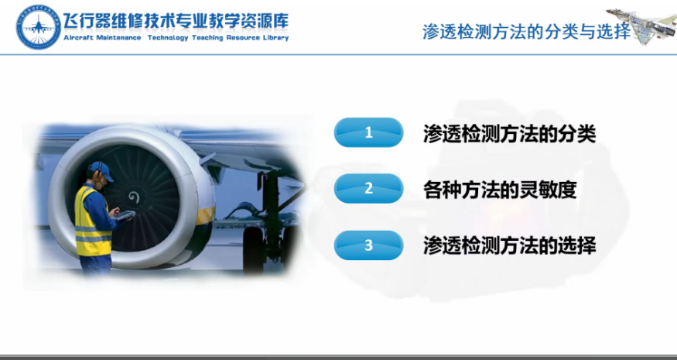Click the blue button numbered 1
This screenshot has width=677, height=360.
click(x=368, y=132)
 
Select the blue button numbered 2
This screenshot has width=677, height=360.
click(x=368, y=188)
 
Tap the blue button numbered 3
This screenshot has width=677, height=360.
click(x=368, y=245)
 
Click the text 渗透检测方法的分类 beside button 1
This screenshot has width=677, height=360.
click(x=509, y=134)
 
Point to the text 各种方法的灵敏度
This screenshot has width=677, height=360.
click(x=500, y=190)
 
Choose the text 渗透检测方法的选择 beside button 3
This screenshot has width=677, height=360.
click(x=509, y=246)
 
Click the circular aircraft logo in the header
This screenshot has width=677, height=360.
click(x=39, y=26)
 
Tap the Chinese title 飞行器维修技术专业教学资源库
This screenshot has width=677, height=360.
click(x=176, y=21)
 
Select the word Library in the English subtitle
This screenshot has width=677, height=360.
click(x=275, y=38)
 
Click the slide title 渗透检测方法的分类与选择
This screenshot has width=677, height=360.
click(x=527, y=32)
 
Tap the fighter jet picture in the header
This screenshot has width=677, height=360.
click(x=641, y=25)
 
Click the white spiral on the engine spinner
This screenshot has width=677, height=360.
click(x=134, y=198)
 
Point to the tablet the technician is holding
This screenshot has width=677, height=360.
click(x=124, y=214)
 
